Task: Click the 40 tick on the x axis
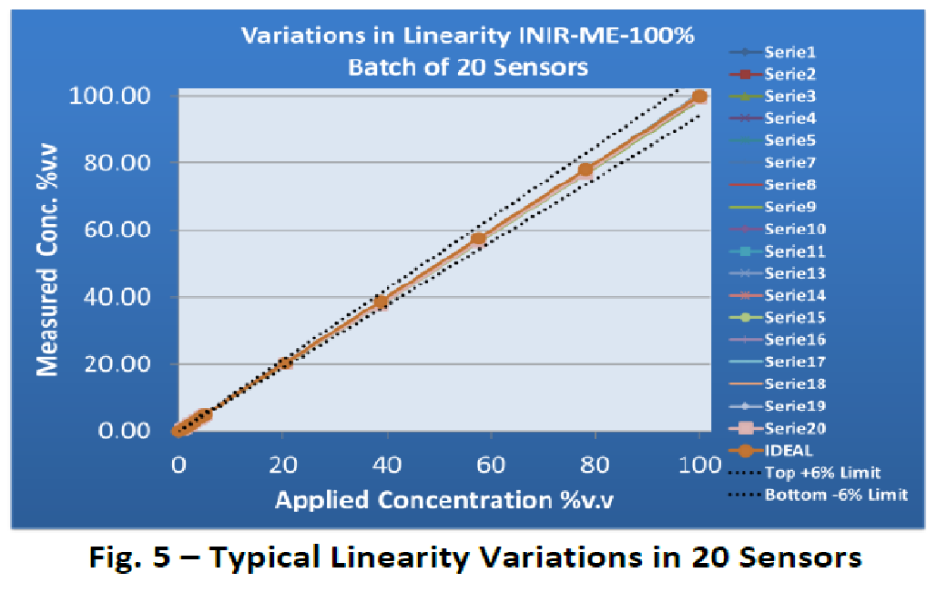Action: [387, 464]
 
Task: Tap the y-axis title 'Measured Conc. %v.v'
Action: [48, 264]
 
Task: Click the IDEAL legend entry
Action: [789, 450]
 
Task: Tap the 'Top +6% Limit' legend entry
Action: [817, 473]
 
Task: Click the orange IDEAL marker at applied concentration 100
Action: [699, 97]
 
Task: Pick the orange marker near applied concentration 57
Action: [478, 240]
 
